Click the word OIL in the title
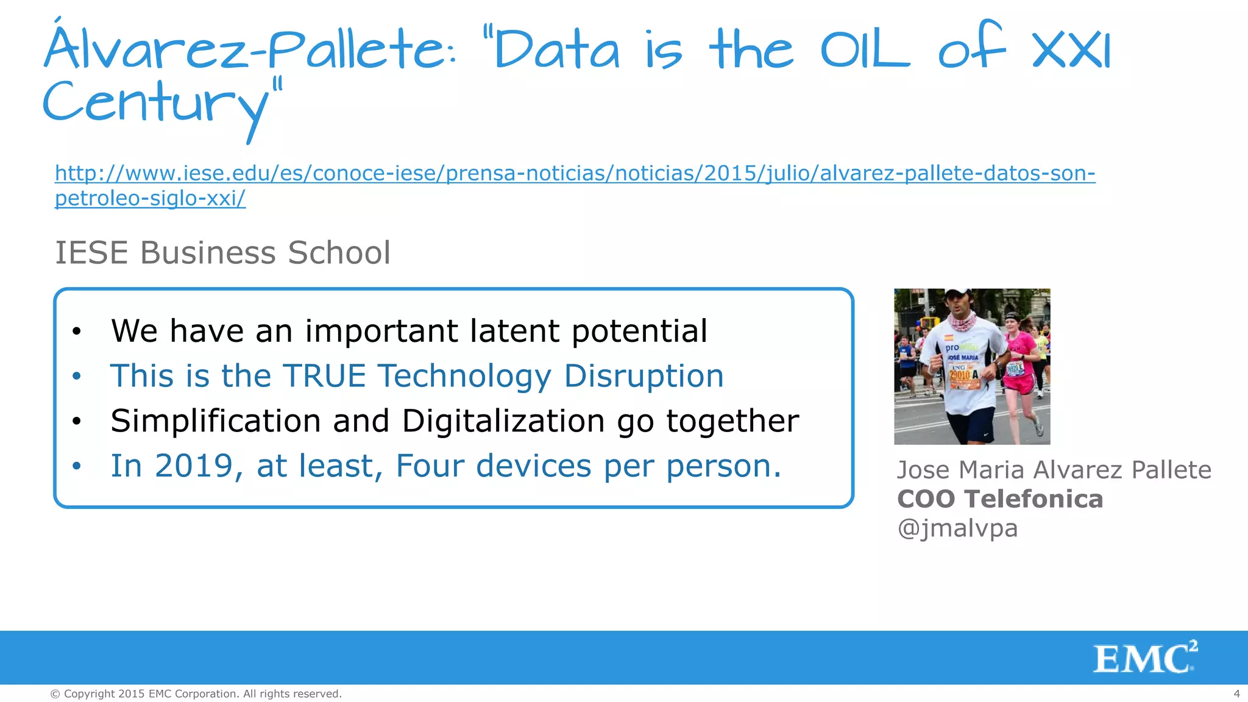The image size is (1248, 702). click(865, 51)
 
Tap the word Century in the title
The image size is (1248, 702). click(155, 104)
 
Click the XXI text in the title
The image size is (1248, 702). click(1072, 51)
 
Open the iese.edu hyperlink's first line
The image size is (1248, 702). click(575, 174)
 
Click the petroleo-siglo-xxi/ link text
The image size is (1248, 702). click(150, 199)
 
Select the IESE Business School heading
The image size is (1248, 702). click(222, 253)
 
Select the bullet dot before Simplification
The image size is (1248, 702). click(76, 422)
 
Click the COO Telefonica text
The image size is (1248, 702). click(999, 499)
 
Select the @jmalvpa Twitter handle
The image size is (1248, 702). click(957, 528)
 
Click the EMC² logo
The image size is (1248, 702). click(1144, 657)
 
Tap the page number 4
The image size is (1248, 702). click(1236, 693)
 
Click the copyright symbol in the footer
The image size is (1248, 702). click(55, 694)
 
